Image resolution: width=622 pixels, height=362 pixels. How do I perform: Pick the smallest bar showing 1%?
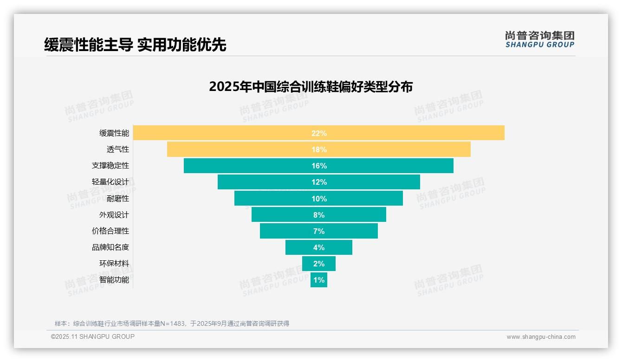click(x=319, y=280)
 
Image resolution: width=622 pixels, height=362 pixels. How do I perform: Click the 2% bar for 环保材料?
click(x=319, y=264)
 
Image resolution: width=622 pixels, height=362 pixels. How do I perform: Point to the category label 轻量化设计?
click(x=110, y=182)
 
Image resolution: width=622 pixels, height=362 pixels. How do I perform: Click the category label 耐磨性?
click(x=118, y=198)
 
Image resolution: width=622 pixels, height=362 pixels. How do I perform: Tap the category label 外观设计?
click(x=114, y=214)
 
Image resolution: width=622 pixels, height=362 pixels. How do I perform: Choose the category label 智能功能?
click(x=114, y=280)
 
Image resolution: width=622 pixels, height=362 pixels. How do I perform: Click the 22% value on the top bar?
click(x=319, y=133)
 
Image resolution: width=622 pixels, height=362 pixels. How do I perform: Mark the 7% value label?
click(x=319, y=231)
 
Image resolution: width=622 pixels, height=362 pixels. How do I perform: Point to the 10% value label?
click(x=319, y=199)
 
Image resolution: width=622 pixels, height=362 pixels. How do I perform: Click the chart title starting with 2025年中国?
click(x=311, y=87)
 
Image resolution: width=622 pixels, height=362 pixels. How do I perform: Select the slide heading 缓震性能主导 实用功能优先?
click(x=135, y=45)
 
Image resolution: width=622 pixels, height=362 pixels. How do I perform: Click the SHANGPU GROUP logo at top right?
click(x=539, y=39)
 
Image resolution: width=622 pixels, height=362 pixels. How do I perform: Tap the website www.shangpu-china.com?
click(x=541, y=337)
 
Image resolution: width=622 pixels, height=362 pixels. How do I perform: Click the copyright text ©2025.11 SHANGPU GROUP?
click(x=93, y=336)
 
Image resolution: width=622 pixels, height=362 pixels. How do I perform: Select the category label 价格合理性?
click(x=110, y=231)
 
